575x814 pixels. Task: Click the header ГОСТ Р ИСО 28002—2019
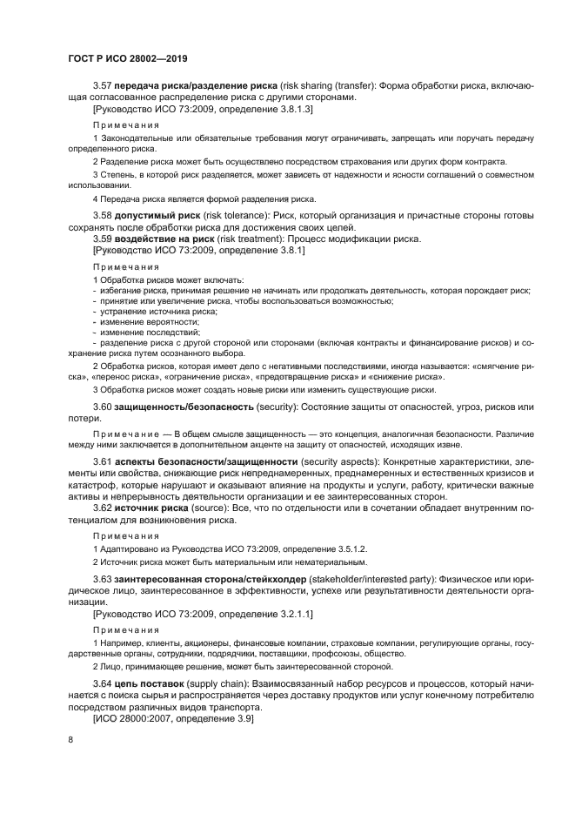pos(128,58)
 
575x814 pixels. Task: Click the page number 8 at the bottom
pos(71,740)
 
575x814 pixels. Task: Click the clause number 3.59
pos(104,239)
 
